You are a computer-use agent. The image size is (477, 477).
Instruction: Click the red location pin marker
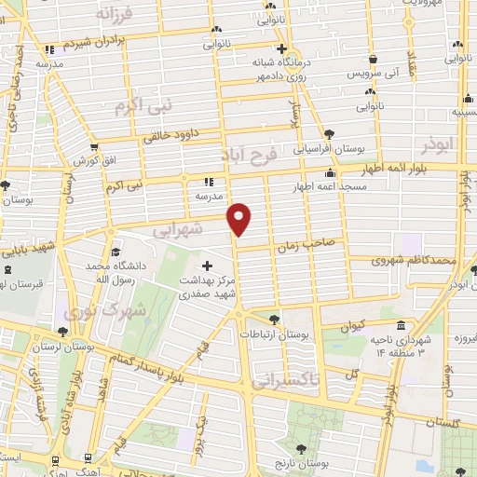(240, 218)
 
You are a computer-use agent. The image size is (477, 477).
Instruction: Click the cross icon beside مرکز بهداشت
(206, 266)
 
